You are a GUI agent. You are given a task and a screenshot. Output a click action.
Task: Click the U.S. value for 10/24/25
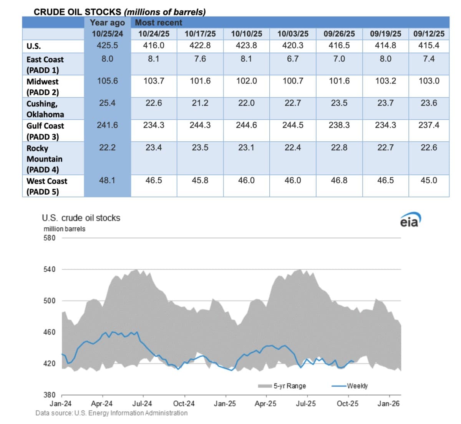click(154, 45)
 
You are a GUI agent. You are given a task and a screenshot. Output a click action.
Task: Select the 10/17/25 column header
click(200, 33)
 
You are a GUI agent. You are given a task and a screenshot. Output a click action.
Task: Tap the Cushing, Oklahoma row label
click(45, 109)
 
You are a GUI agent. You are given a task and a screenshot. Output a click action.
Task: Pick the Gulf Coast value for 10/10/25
click(246, 125)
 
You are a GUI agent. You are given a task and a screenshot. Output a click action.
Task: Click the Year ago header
click(107, 23)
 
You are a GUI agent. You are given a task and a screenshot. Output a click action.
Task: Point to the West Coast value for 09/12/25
click(429, 180)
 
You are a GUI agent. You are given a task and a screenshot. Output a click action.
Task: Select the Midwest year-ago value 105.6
click(107, 81)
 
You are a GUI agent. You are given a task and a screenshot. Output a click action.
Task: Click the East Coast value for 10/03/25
click(293, 58)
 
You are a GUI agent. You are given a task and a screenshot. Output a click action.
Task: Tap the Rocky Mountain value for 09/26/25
click(339, 147)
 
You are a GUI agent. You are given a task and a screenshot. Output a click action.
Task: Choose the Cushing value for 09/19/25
click(385, 103)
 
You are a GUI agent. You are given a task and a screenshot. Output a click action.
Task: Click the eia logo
click(410, 220)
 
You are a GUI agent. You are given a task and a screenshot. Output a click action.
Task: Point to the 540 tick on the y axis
click(50, 269)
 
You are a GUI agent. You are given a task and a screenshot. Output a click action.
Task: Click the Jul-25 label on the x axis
click(306, 404)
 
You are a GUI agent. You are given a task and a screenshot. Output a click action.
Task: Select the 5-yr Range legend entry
click(282, 386)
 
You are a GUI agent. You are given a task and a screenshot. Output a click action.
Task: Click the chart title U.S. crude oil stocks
click(81, 218)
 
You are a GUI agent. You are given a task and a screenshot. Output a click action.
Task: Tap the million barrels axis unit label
click(65, 229)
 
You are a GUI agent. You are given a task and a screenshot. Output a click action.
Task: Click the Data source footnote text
click(111, 413)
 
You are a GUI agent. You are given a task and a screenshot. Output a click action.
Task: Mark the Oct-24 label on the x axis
click(184, 404)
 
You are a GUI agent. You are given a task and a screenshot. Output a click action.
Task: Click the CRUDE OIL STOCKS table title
click(119, 12)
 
